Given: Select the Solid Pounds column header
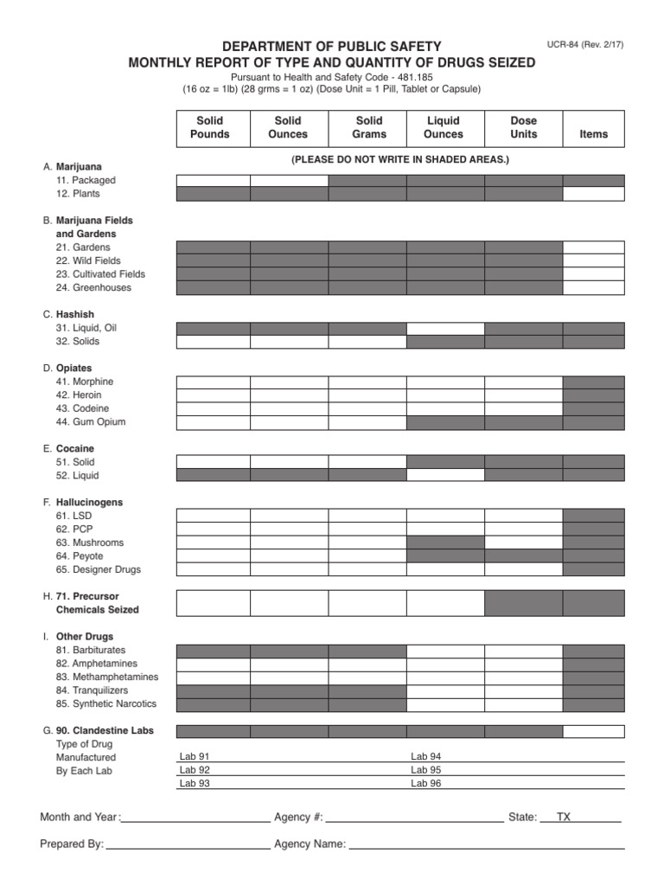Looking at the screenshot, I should click(210, 127).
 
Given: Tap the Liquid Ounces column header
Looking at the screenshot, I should click(444, 127).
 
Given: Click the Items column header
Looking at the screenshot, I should click(594, 134).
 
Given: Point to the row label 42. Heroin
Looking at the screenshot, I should click(79, 395).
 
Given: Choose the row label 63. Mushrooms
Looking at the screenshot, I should click(89, 543).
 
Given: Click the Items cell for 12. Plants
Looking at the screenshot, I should click(593, 194).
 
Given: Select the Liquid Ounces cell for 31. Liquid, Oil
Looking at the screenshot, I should click(445, 328).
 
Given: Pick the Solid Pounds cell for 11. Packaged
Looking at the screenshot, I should click(213, 180).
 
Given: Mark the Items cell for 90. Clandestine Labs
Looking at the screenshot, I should click(593, 731).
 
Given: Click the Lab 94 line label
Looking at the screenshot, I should click(425, 756).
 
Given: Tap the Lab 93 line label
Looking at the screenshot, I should click(195, 783).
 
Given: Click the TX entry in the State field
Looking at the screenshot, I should click(564, 817).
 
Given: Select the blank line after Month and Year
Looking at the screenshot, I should click(196, 817).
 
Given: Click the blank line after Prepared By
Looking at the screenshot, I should click(188, 844).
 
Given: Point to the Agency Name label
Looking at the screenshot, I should click(310, 844).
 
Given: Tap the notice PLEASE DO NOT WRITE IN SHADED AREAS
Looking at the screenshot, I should click(400, 160).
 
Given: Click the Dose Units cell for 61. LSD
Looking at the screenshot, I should click(523, 516).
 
